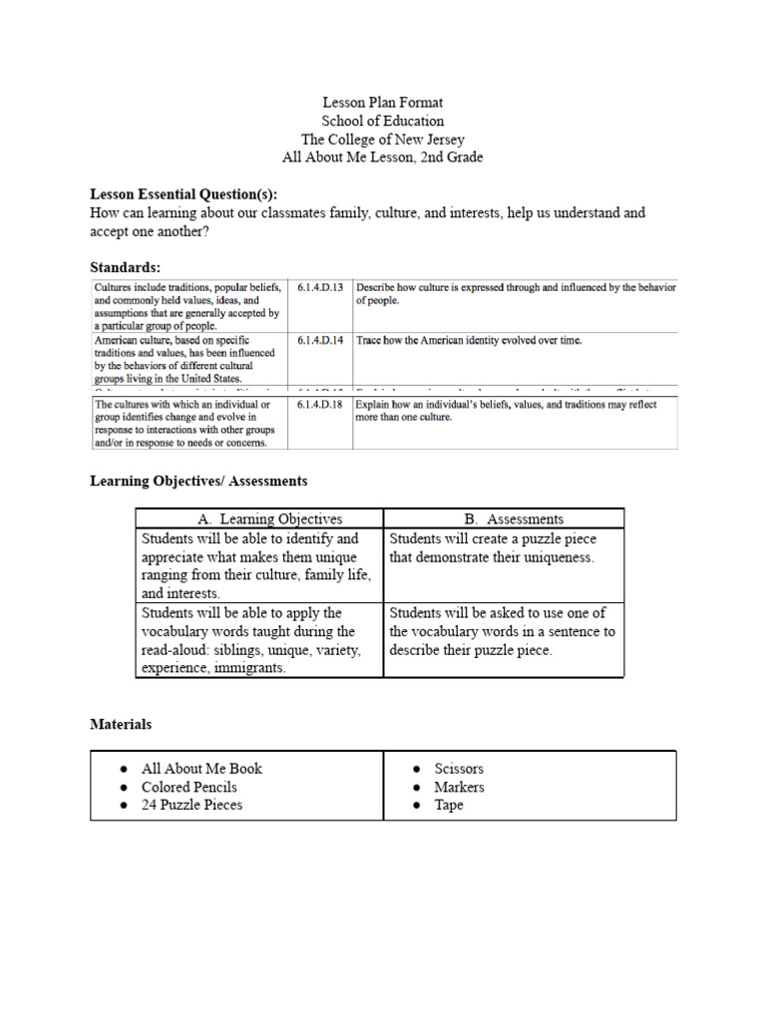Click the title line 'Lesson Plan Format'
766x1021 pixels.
point(383,103)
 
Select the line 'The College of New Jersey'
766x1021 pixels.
point(383,140)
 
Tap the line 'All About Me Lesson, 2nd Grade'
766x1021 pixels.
point(383,158)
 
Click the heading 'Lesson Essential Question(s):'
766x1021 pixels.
point(185,193)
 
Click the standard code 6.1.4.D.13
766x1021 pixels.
point(319,287)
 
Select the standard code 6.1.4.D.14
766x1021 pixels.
point(319,340)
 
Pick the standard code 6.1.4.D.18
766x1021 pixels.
point(319,405)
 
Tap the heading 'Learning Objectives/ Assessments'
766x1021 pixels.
point(198,481)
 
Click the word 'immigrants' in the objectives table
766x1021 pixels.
point(246,669)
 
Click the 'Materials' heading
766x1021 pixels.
point(121,725)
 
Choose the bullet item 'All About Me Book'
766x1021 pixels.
point(201,769)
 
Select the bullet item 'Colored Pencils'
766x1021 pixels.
point(189,787)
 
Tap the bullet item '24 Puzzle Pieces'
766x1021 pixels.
point(191,805)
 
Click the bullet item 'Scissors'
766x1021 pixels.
point(459,769)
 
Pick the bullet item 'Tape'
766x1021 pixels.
point(449,805)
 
